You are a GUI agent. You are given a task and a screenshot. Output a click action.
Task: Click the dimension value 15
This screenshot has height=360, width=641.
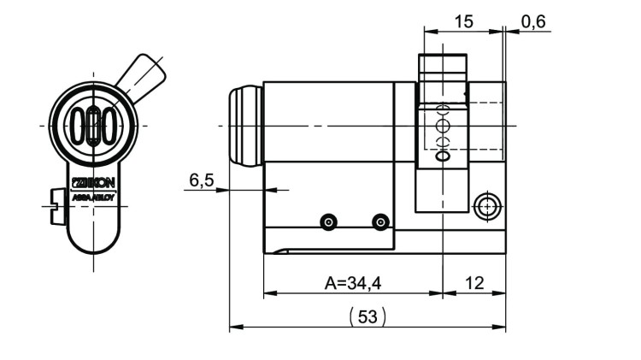[x=463, y=21]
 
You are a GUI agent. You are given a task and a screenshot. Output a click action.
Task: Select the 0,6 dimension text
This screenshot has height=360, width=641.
[x=533, y=21]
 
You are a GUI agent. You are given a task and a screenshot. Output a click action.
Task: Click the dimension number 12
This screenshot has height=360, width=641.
[x=473, y=282]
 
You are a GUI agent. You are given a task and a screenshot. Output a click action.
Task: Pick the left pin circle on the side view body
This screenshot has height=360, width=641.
[x=327, y=222]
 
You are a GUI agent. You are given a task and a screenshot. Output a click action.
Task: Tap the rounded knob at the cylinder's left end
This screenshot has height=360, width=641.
[x=244, y=126]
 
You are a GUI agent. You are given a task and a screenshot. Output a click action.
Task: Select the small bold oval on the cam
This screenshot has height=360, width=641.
[x=442, y=157]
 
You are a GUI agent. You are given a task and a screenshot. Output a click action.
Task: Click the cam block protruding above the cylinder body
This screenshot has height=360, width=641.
[x=442, y=68]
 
